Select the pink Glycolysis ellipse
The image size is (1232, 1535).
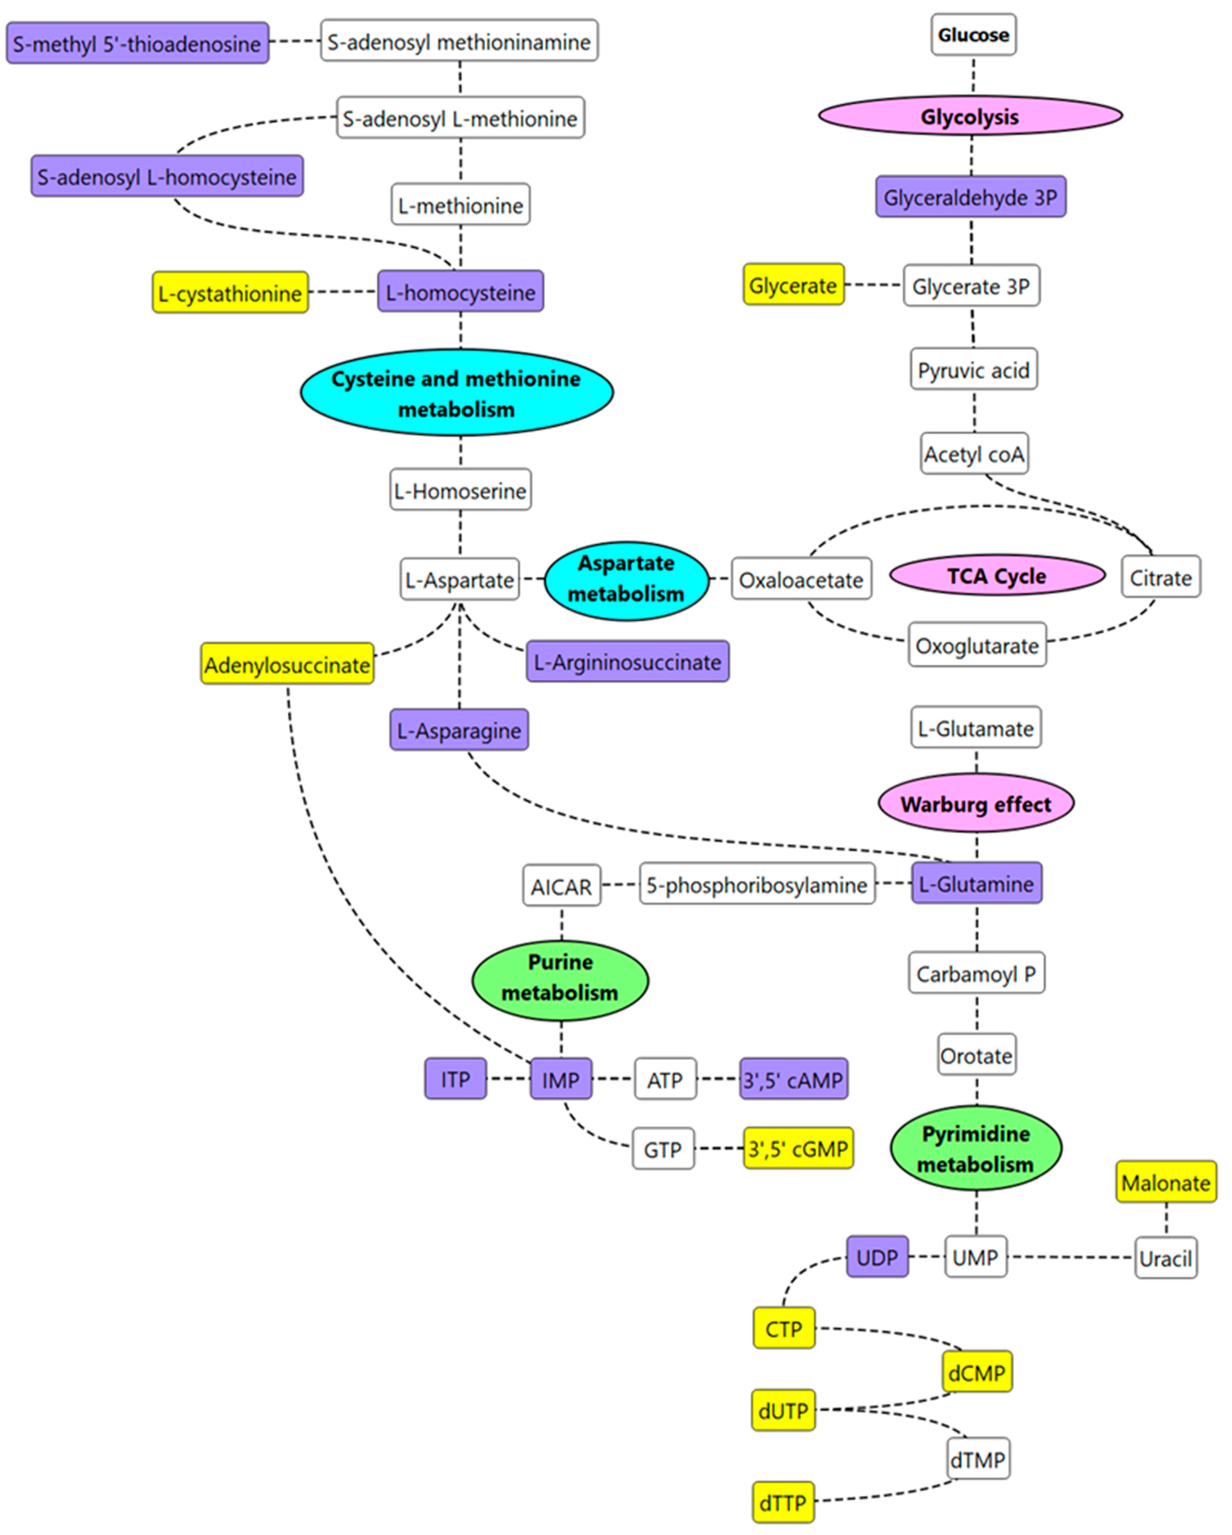click(x=970, y=116)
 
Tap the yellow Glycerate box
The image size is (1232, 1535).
click(x=793, y=285)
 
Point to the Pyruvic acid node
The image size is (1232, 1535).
click(x=973, y=369)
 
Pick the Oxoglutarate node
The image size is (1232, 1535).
click(x=976, y=645)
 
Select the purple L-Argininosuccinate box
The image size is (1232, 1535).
click(x=627, y=661)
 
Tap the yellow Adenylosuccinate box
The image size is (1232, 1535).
click(x=287, y=664)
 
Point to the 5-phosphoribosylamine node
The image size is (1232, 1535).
click(x=756, y=884)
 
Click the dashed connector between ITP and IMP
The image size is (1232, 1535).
click(x=508, y=1079)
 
